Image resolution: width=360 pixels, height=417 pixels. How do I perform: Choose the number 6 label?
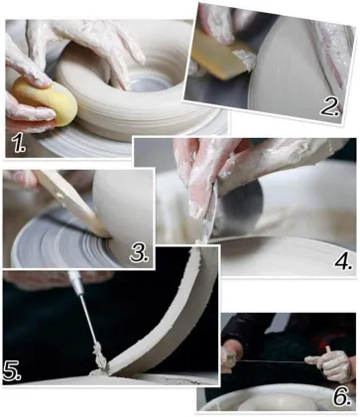click(x=340, y=396)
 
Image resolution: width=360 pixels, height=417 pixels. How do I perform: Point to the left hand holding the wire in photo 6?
click(x=230, y=357)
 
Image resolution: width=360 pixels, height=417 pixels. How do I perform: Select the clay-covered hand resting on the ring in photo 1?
click(x=79, y=40)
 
